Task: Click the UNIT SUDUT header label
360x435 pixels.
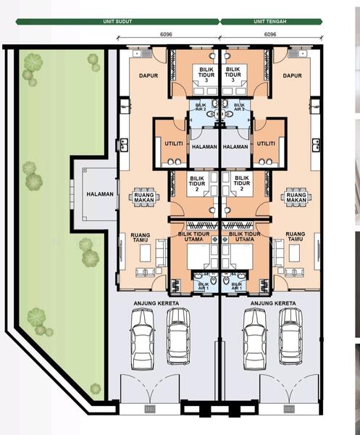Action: [117, 21]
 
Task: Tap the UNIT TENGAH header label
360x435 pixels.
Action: [270, 21]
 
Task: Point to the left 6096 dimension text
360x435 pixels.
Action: [166, 34]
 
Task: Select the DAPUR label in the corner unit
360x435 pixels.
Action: [148, 75]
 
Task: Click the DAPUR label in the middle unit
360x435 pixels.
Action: [293, 75]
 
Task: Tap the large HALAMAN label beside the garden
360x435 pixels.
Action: [100, 194]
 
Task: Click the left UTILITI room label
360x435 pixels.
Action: [174, 144]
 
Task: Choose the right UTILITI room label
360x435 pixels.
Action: [266, 144]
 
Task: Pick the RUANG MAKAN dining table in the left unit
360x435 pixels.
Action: [144, 197]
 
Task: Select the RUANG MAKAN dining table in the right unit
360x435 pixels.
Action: [296, 197]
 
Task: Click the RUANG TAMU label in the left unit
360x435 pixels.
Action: [141, 238]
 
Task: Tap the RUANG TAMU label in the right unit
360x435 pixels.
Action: [296, 236]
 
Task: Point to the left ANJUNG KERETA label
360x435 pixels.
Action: [156, 304]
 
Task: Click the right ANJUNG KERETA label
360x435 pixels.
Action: [273, 304]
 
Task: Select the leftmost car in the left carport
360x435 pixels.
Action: [143, 339]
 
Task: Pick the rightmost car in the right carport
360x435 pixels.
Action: [290, 336]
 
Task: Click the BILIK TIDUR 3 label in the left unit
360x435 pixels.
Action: [206, 75]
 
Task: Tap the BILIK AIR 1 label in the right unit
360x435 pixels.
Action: [237, 286]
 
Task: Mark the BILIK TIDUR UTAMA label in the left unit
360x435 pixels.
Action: [193, 236]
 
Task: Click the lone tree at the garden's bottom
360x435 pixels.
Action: [95, 389]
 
